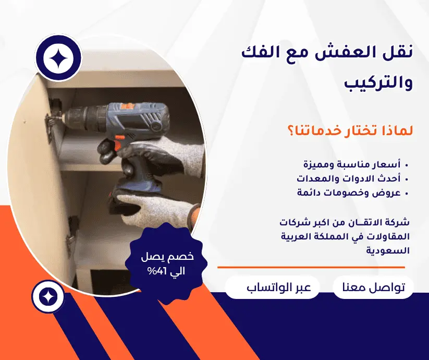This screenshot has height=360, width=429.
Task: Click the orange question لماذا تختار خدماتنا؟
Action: pyautogui.click(x=349, y=130)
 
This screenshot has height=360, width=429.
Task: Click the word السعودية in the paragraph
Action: pyautogui.click(x=388, y=250)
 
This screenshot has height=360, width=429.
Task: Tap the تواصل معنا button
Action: pyautogui.click(x=373, y=287)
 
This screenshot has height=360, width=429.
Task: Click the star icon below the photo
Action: pyautogui.click(x=48, y=297)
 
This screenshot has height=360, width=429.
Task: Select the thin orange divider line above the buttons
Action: pyautogui.click(x=311, y=267)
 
